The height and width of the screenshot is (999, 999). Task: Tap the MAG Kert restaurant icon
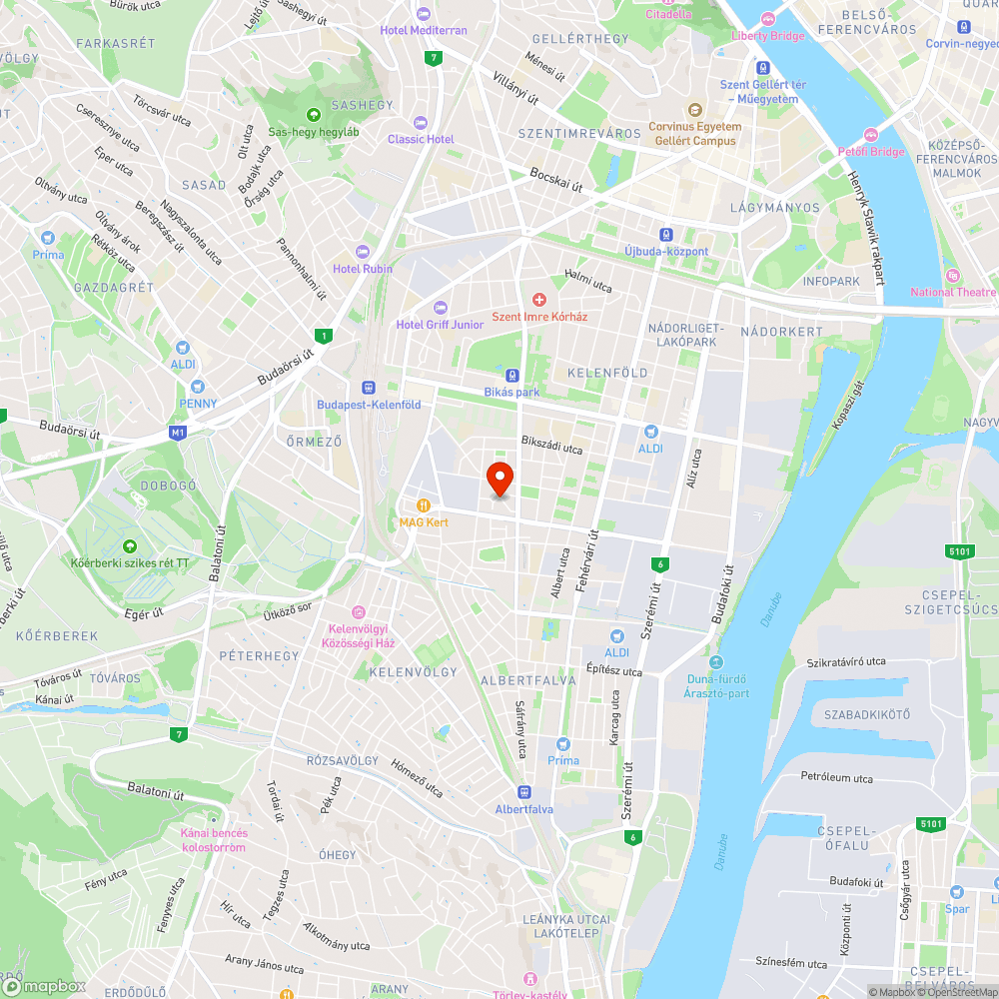(x=425, y=504)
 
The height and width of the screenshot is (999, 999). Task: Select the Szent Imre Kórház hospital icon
(x=539, y=300)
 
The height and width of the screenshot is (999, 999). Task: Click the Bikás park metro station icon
(x=511, y=376)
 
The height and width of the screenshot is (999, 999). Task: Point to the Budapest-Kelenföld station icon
(x=369, y=388)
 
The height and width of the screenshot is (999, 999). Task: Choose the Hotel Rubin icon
(x=363, y=252)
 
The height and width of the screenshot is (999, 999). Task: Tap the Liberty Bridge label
(x=768, y=35)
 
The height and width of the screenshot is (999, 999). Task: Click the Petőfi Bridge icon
(x=870, y=135)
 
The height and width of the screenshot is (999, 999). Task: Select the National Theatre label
(x=953, y=292)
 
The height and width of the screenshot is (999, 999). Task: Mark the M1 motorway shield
(x=178, y=433)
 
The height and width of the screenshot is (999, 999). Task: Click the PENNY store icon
(x=198, y=386)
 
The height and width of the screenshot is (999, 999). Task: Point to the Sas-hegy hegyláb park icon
(x=313, y=115)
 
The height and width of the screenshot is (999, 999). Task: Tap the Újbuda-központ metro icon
(x=666, y=235)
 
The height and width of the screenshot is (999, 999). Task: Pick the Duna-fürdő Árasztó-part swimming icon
(x=715, y=662)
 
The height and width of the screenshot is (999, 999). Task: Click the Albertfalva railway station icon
(x=525, y=792)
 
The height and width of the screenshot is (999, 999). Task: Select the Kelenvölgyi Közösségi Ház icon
(x=358, y=612)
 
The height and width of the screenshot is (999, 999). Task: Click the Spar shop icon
(x=957, y=892)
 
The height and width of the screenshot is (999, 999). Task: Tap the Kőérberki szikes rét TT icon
(x=129, y=546)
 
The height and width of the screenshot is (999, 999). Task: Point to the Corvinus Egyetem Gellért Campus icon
(x=694, y=110)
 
